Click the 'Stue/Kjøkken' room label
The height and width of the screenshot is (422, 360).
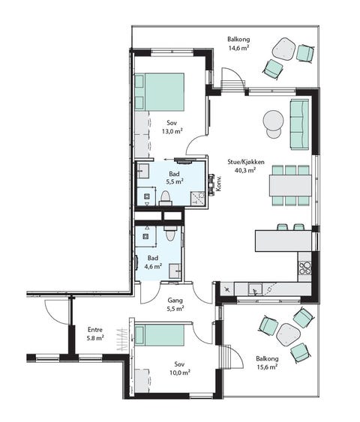pos(246,162)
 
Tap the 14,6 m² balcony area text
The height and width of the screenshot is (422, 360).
pos(238,49)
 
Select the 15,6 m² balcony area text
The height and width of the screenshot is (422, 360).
pos(267,367)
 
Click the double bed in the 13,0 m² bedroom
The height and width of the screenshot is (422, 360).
pos(160,91)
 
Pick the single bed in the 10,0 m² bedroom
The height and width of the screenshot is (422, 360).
pos(160,335)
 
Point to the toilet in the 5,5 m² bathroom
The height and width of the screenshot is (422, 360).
pos(165,199)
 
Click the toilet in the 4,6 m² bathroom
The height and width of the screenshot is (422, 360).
pos(170,233)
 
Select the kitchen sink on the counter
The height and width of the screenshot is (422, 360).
pos(255,289)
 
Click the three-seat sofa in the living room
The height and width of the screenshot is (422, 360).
pos(299,124)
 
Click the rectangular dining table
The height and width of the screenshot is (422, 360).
pos(290,185)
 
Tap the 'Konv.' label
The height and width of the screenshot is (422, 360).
pos(218,184)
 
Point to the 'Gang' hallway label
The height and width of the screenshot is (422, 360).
pos(175,300)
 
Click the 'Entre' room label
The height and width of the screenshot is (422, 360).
pos(95,329)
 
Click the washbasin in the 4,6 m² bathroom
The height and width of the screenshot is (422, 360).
pos(175,271)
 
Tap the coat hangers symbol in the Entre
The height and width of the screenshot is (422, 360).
pos(122,339)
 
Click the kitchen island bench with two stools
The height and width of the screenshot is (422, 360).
pos(283,241)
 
